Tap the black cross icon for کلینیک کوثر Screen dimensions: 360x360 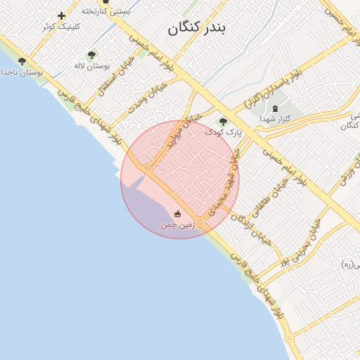point(61,15)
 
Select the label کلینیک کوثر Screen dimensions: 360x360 point(61,26)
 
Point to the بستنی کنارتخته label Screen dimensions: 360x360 point(105,11)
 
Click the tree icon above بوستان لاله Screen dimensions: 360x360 point(91,55)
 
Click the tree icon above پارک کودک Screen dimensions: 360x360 point(224,122)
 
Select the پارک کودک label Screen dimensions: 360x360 point(224,131)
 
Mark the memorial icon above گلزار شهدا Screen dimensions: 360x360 point(274,109)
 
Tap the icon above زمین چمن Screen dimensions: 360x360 point(177,214)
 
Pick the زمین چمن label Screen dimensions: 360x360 point(177,225)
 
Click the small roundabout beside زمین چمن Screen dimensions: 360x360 point(200,223)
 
